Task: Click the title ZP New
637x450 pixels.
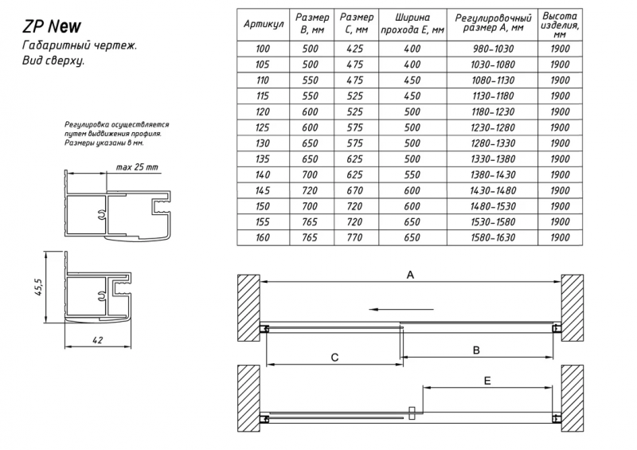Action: pyautogui.click(x=52, y=26)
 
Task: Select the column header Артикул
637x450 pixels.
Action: pyautogui.click(x=264, y=24)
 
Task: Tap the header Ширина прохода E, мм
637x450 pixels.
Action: pyautogui.click(x=412, y=24)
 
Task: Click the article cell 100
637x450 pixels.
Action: pyautogui.click(x=263, y=49)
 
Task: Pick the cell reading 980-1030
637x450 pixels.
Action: pyautogui.click(x=493, y=49)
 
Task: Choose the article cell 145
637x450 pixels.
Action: pyautogui.click(x=263, y=190)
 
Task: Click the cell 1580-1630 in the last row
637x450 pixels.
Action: pyautogui.click(x=493, y=237)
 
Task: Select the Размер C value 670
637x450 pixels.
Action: pyautogui.click(x=354, y=190)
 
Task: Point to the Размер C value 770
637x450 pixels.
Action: pyautogui.click(x=354, y=237)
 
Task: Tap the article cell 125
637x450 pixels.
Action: pyautogui.click(x=263, y=127)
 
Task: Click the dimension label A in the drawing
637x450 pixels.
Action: pyautogui.click(x=410, y=276)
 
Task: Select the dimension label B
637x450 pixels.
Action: pyautogui.click(x=476, y=350)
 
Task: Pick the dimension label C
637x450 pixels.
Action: pyautogui.click(x=334, y=358)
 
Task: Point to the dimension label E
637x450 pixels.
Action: pyautogui.click(x=487, y=381)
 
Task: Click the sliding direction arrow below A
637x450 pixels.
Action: pyautogui.click(x=401, y=309)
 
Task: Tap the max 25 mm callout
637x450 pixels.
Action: pyautogui.click(x=137, y=167)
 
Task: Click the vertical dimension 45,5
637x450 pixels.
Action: pyautogui.click(x=38, y=287)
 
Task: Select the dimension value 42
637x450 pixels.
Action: pyautogui.click(x=98, y=340)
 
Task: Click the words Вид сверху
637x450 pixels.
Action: pyautogui.click(x=53, y=61)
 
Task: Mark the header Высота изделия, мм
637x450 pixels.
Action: pyautogui.click(x=560, y=25)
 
